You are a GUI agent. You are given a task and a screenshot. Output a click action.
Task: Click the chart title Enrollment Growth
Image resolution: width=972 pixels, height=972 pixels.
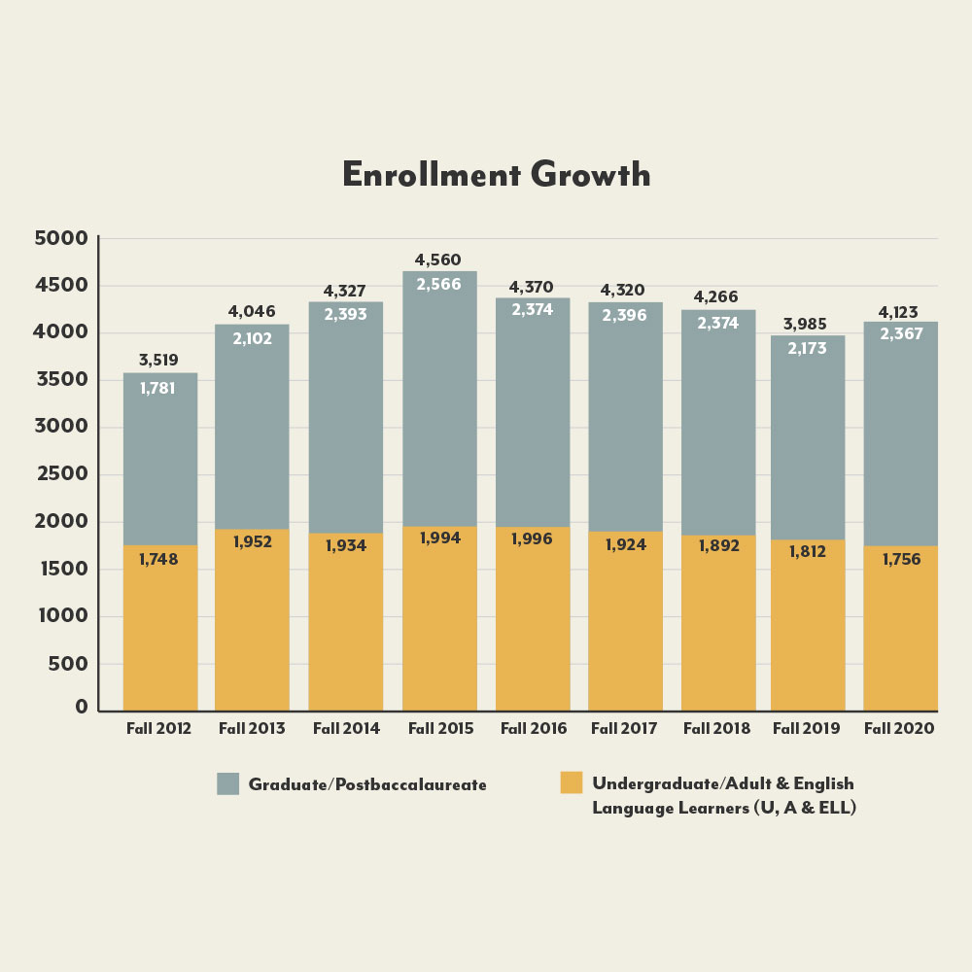tap(496, 175)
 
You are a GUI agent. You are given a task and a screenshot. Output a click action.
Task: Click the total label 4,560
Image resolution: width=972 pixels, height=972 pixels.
tap(438, 260)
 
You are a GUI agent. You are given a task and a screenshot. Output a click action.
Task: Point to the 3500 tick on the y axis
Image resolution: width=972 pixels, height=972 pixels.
tap(62, 380)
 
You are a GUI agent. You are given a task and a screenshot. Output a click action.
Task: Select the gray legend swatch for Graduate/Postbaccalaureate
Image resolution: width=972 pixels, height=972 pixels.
tap(227, 783)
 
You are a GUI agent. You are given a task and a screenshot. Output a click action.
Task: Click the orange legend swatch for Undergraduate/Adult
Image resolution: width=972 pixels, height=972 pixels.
tap(572, 782)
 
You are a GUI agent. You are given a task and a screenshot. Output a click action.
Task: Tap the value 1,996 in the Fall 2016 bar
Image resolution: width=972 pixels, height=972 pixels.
tap(532, 538)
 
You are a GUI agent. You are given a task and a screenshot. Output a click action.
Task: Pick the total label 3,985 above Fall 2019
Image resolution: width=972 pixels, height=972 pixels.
tap(807, 324)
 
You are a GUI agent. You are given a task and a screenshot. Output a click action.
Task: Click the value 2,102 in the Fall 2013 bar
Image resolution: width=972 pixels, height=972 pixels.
tap(252, 339)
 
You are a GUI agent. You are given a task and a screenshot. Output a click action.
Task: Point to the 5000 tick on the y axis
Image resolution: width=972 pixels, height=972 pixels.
tap(62, 238)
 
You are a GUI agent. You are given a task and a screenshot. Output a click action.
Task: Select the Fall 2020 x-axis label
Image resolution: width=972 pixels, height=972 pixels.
tap(899, 728)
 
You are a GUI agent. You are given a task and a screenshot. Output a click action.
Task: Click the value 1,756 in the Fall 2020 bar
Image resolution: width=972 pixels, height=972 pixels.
tap(901, 559)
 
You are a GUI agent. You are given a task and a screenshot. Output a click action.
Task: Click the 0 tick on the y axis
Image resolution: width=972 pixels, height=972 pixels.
tap(82, 708)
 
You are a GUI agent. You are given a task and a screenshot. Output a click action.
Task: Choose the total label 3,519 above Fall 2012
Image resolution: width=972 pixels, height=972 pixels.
tap(158, 361)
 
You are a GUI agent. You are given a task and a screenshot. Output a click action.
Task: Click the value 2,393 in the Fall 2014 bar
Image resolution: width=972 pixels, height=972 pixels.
tap(345, 315)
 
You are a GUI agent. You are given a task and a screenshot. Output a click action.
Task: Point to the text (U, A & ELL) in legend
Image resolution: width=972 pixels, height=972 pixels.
tap(806, 808)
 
